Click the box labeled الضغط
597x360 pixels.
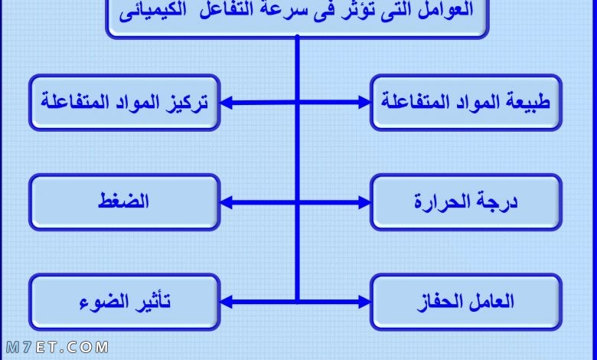pyautogui.click(x=125, y=202)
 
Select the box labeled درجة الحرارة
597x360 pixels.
pyautogui.click(x=466, y=202)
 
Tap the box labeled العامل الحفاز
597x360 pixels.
pyautogui.click(x=466, y=302)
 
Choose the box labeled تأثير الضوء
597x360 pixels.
pyautogui.click(x=125, y=302)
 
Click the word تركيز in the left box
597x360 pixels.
pyautogui.click(x=187, y=102)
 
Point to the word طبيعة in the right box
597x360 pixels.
pyautogui.click(x=530, y=102)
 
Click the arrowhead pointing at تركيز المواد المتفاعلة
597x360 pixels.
pyautogui.click(x=226, y=103)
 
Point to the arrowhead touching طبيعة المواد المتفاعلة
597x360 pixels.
pyautogui.click(x=364, y=103)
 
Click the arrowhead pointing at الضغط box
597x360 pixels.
pyautogui.click(x=226, y=202)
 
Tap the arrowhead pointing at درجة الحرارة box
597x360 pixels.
pyautogui.click(x=364, y=202)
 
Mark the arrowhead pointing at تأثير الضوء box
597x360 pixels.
pyautogui.click(x=226, y=302)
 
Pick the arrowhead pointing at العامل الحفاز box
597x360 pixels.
pyautogui.click(x=364, y=302)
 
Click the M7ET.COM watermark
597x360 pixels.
pyautogui.click(x=57, y=347)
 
